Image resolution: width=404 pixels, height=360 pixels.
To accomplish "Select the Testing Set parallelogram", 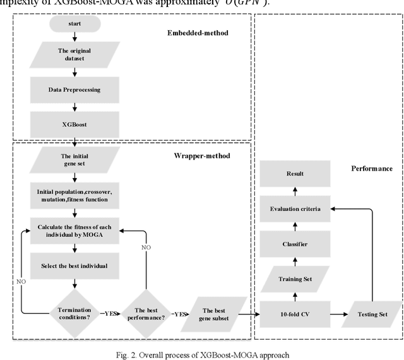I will [x=371, y=314].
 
